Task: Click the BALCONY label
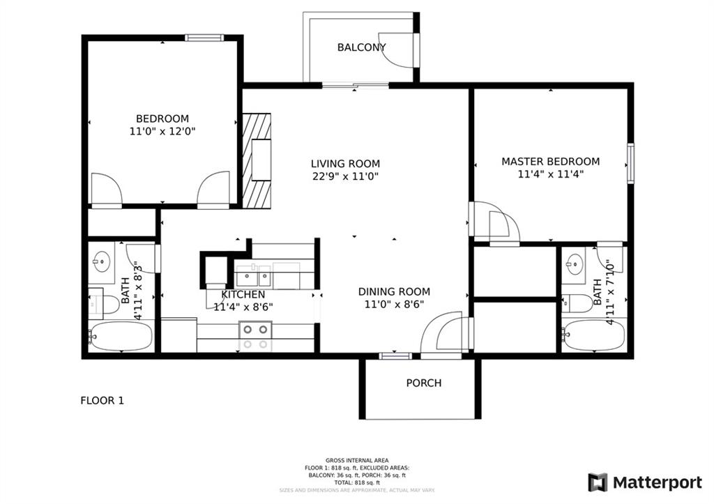[361, 47]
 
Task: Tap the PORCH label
[424, 383]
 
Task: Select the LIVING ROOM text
[345, 164]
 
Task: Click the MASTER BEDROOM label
[550, 161]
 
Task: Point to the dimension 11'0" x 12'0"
[162, 131]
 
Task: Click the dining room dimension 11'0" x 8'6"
[394, 304]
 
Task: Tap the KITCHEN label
[243, 294]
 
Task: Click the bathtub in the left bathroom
[121, 337]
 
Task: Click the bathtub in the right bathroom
[594, 336]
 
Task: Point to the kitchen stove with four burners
[255, 335]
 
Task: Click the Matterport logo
[645, 482]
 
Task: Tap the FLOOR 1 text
[102, 401]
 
